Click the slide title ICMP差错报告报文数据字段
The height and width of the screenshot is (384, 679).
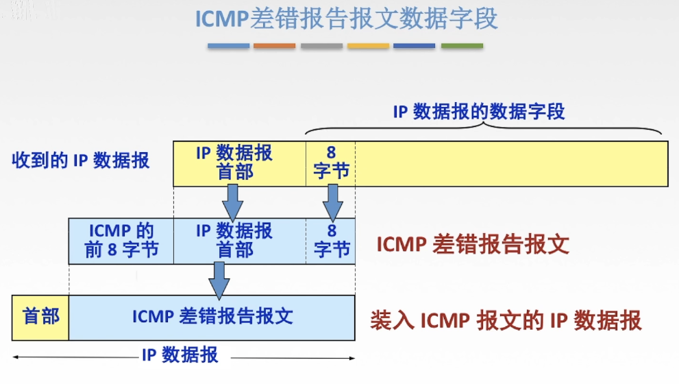pos(346,19)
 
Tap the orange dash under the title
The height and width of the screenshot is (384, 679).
pos(274,46)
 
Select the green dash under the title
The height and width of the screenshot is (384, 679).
pos(462,46)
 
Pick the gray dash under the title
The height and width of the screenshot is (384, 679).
pos(321,46)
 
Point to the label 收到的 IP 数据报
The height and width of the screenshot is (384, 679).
pos(80,161)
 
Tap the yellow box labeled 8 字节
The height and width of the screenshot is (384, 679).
pos(331,163)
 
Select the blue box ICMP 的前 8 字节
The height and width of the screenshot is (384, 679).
pos(121,241)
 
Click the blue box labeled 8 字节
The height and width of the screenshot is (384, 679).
pos(331,241)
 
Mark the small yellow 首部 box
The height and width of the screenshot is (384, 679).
pos(40,317)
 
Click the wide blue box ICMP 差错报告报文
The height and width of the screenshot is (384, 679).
pos(212,317)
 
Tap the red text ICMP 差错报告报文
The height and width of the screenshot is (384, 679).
pos(473,245)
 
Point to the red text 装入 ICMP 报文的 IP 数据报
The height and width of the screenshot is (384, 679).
pos(506,320)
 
